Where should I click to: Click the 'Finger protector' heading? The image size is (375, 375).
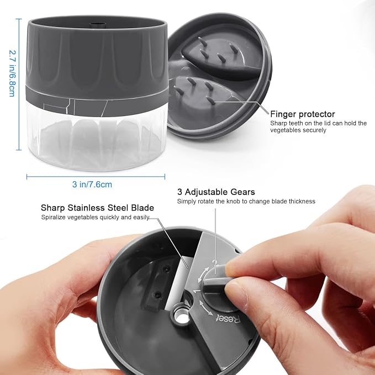[x=303, y=114]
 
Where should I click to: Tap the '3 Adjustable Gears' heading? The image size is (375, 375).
[x=216, y=192]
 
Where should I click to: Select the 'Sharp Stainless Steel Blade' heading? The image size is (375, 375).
[x=97, y=208]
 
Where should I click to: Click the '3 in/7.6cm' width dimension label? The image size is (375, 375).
[x=92, y=184]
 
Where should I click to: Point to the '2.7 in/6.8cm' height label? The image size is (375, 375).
[x=12, y=73]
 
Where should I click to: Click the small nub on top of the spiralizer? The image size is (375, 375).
[x=98, y=25]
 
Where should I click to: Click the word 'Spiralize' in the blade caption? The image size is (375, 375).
[x=53, y=217]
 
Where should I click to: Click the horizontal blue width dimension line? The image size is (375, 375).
[x=96, y=177]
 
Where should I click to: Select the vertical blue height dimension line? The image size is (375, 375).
[x=19, y=84]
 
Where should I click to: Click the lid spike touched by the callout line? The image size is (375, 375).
[x=210, y=101]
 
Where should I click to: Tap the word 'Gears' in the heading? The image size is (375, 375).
[x=243, y=192]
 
